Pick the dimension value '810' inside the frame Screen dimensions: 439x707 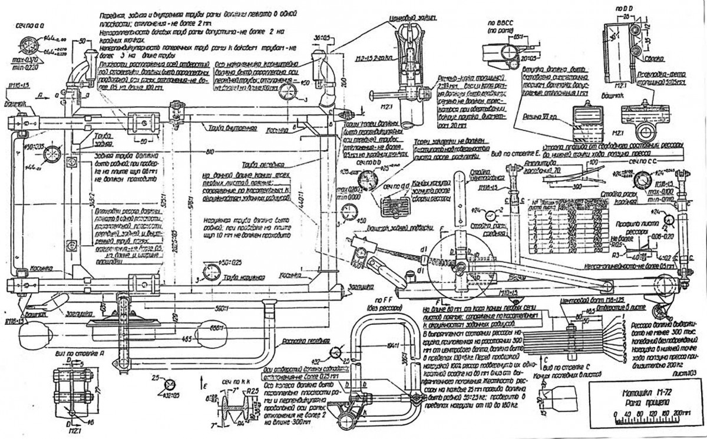(x=204, y=152)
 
